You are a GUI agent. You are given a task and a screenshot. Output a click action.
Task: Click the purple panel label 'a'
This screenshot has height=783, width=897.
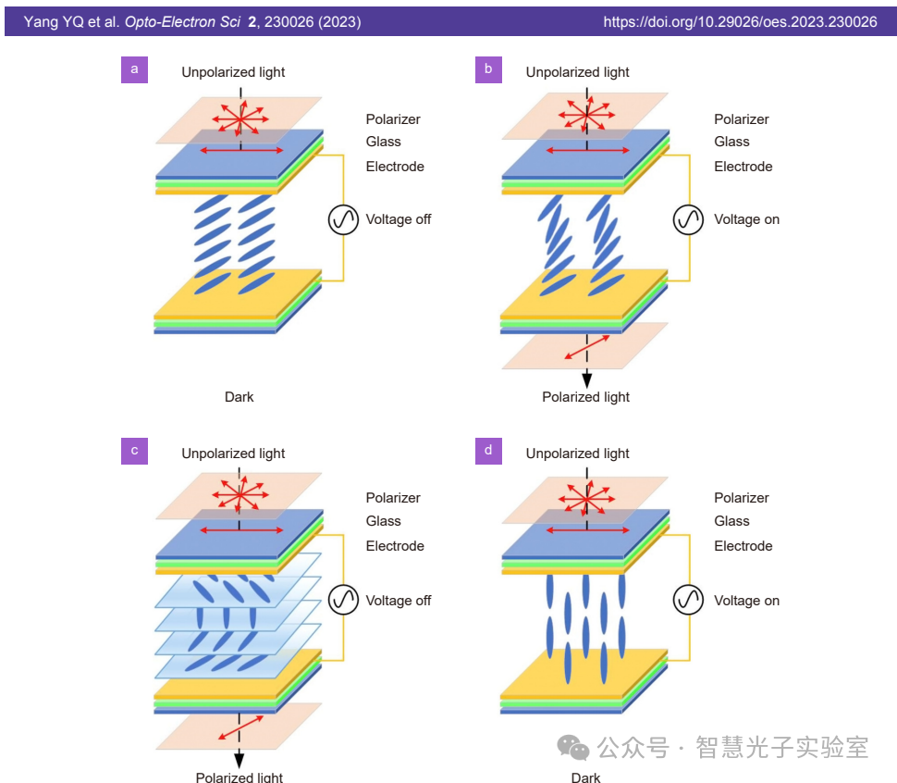135,69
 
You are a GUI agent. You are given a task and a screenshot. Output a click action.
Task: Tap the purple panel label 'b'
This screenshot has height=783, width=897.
488,69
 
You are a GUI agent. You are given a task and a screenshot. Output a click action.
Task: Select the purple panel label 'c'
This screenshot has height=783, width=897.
135,451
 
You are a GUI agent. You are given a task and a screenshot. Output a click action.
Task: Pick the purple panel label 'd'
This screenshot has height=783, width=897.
488,451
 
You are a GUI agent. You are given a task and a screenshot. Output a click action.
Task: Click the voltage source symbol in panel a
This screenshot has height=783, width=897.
343,220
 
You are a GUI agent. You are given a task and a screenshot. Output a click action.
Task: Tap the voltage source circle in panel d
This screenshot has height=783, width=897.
688,601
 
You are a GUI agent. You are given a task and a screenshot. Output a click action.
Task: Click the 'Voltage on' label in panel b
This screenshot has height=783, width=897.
746,219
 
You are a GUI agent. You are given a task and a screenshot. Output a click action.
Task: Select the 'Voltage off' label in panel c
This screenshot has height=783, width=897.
398,601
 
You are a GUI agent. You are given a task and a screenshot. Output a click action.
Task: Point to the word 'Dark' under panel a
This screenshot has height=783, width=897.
239,397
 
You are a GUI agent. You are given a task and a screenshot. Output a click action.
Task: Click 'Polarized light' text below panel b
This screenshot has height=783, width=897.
585,397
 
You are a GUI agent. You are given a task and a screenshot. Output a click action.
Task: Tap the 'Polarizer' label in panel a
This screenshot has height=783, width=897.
393,119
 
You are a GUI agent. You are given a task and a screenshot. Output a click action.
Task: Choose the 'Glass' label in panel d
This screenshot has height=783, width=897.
731,521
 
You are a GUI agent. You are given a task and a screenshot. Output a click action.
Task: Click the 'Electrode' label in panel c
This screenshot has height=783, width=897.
395,546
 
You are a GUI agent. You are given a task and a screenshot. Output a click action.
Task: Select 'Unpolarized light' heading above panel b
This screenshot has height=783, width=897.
577,72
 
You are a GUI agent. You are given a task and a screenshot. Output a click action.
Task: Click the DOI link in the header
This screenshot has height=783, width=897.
740,21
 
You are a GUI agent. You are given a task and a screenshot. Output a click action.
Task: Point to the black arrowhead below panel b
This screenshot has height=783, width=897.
586,379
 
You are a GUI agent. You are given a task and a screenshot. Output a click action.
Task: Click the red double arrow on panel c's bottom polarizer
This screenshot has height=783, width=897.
241,727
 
